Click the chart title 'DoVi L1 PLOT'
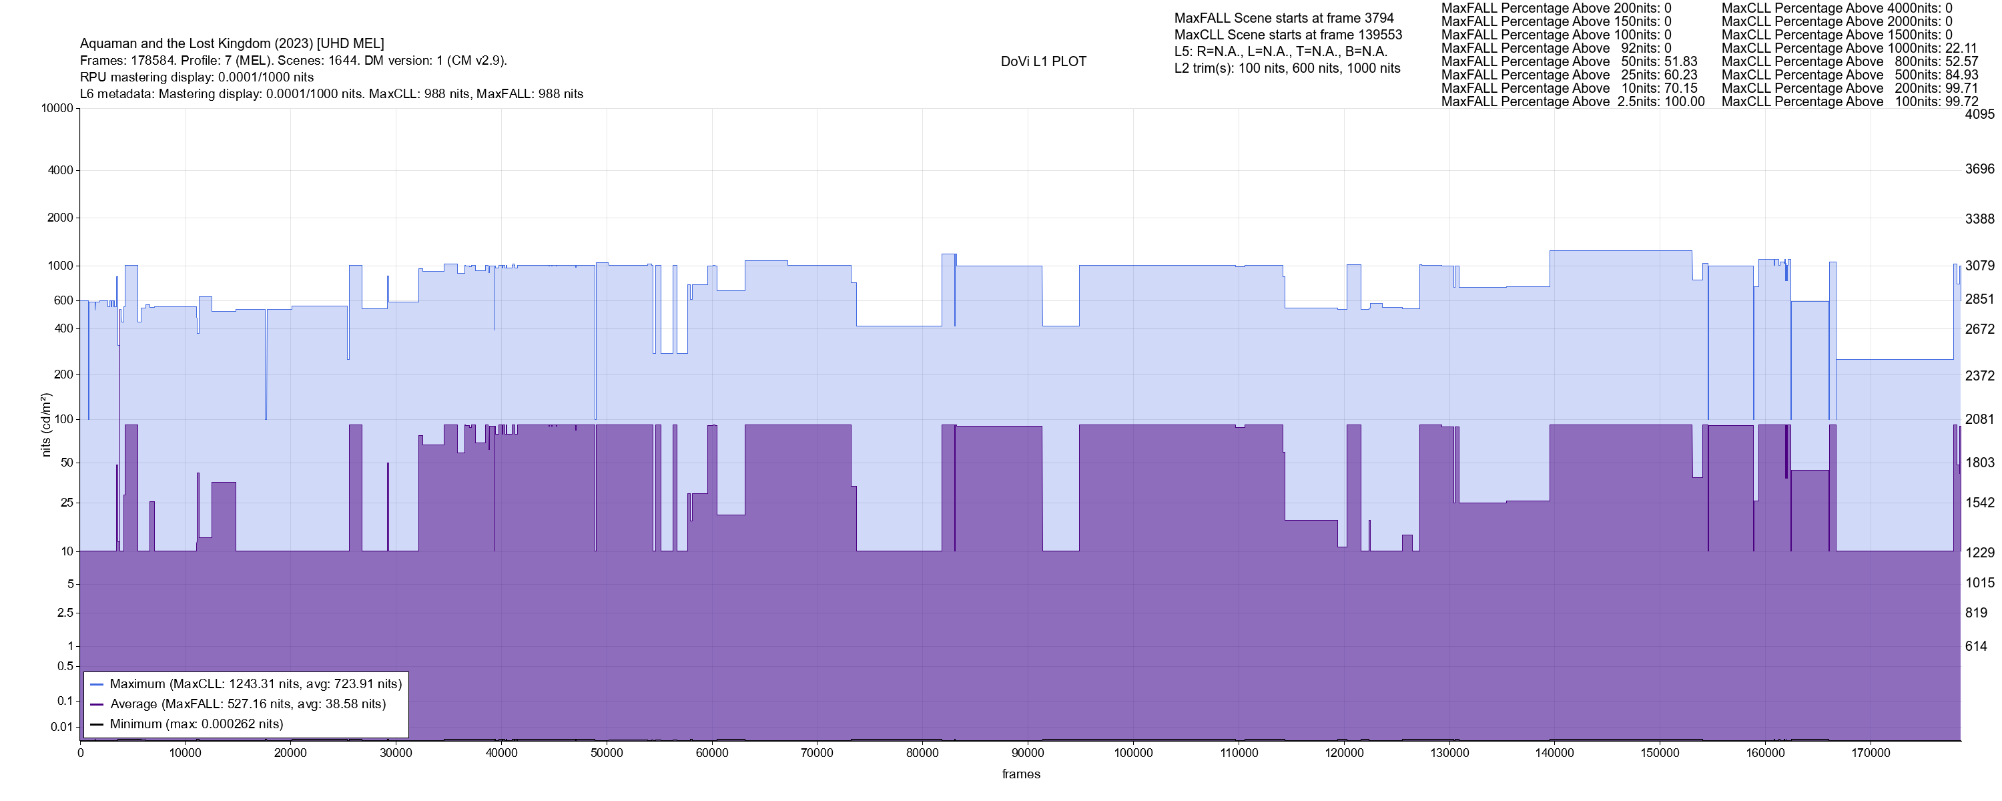point(1043,61)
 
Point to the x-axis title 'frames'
point(1020,774)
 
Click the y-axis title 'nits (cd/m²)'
point(46,425)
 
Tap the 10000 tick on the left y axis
point(57,108)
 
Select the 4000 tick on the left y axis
point(60,170)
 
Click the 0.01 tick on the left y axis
point(61,727)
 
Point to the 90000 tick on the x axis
point(1028,753)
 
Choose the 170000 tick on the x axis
point(1871,753)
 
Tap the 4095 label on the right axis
point(1979,114)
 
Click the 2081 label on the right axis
point(1979,419)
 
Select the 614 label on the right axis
point(1977,646)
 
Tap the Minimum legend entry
point(196,724)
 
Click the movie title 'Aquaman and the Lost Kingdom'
point(232,43)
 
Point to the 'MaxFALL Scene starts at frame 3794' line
point(1284,18)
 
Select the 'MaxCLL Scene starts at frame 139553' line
point(1288,35)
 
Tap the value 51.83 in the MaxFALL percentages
point(1681,61)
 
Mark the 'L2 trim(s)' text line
point(1287,69)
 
